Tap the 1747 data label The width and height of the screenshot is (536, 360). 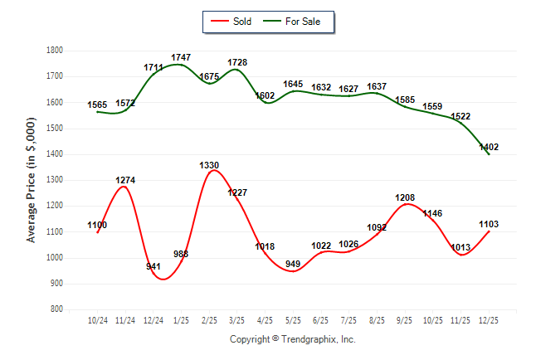(181, 57)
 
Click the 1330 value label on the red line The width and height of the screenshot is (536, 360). (209, 166)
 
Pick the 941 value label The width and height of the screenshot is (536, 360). (153, 267)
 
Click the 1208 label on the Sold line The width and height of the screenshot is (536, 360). (405, 197)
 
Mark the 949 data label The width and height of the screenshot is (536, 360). (293, 265)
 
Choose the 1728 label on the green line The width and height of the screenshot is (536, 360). (237, 63)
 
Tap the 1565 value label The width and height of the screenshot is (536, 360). (98, 105)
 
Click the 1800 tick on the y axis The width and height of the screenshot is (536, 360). (56, 51)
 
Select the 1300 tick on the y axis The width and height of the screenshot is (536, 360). (56, 180)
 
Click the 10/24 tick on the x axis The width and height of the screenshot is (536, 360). (98, 320)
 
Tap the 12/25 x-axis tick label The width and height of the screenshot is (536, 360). (489, 320)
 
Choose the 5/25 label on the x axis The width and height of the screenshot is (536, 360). (293, 320)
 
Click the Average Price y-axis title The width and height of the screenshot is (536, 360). (32, 180)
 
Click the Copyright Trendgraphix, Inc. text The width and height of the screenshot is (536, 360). (292, 339)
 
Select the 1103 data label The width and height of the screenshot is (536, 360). (490, 224)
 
